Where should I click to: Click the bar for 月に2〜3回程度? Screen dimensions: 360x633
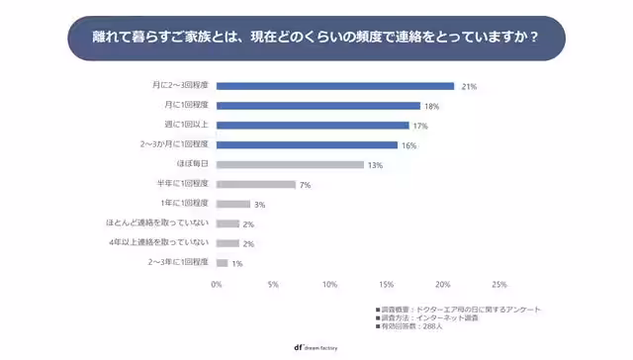334,86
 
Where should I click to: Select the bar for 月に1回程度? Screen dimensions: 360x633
317,106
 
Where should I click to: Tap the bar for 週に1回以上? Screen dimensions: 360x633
312,126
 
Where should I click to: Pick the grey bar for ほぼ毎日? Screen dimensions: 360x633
289,164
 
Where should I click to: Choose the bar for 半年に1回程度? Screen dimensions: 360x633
255,184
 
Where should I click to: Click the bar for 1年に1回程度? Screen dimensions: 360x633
232,204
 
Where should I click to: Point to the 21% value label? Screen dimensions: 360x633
470,87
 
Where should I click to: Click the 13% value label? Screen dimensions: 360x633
375,165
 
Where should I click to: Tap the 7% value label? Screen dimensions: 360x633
306,185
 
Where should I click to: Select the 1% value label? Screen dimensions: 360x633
237,263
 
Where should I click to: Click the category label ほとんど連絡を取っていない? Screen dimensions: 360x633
157,224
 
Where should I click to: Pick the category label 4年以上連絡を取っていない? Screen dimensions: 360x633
159,242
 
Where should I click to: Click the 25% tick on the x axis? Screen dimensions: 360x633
498,285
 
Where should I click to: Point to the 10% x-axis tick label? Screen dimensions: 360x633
329,285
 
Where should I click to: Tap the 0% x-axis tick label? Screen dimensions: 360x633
217,285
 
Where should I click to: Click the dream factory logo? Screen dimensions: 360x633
316,347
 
